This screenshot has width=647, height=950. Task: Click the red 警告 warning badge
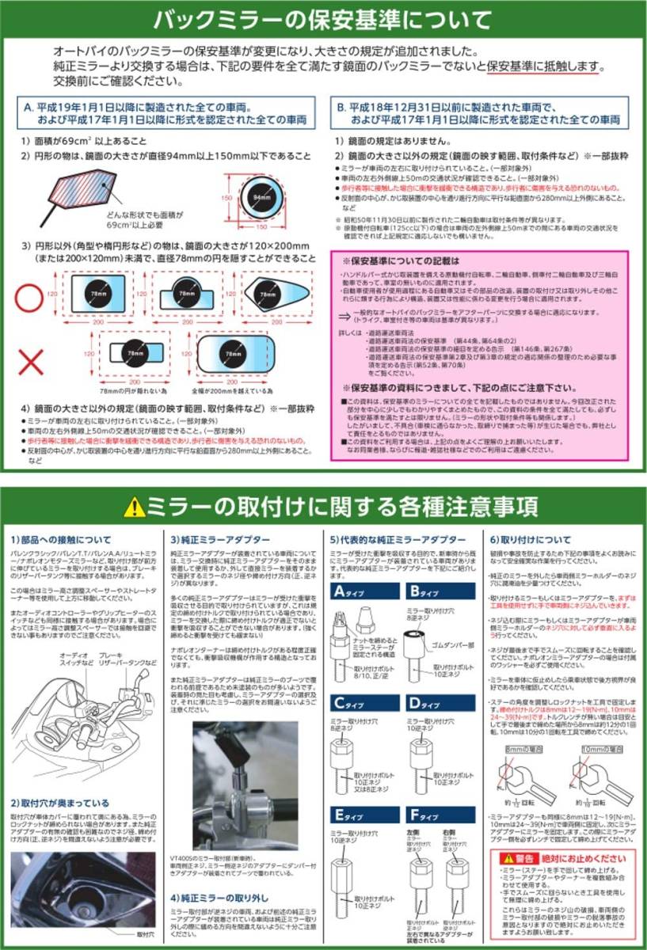520,857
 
